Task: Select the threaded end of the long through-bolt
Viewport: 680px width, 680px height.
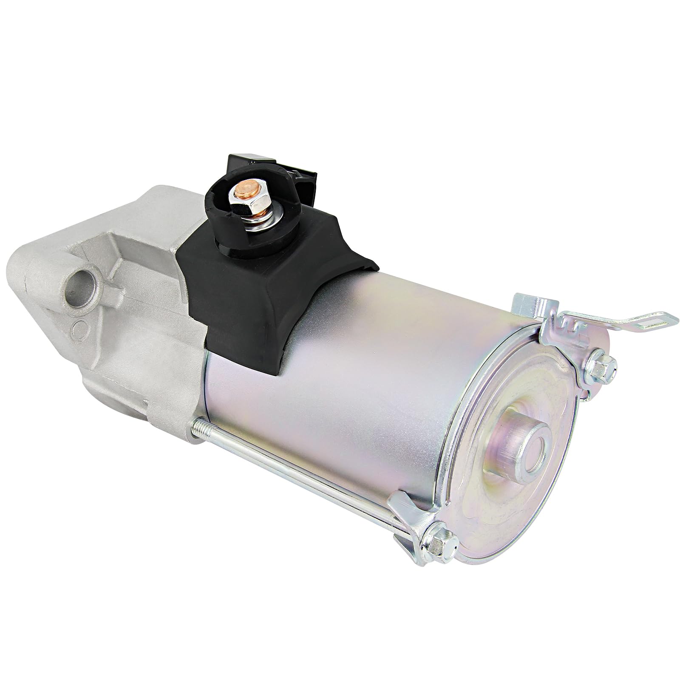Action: pyautogui.click(x=201, y=423)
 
